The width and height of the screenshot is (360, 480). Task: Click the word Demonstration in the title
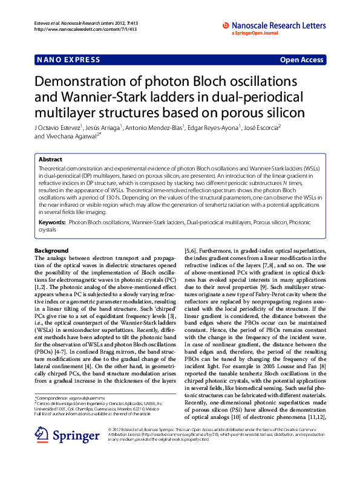click(x=87, y=83)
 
